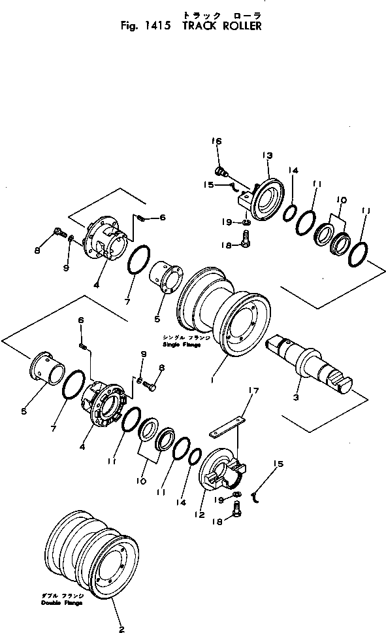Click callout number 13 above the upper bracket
pyautogui.click(x=266, y=155)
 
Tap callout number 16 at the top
pyautogui.click(x=216, y=141)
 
